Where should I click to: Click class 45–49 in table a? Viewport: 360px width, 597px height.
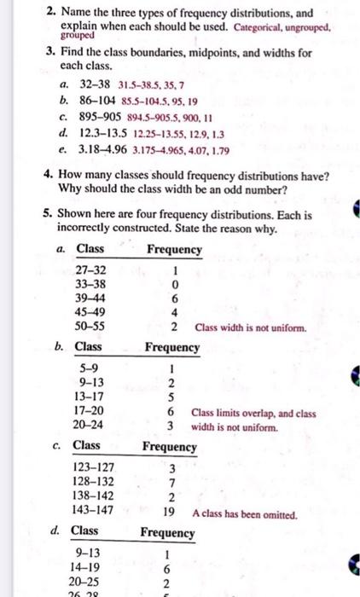click(x=90, y=311)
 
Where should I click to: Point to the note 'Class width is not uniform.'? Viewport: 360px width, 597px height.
click(x=250, y=327)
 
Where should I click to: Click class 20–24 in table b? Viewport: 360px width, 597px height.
click(x=90, y=424)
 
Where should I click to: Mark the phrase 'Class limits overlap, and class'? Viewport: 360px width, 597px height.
click(x=253, y=414)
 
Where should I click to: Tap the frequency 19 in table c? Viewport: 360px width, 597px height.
click(x=170, y=513)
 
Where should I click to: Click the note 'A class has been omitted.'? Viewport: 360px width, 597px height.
click(x=245, y=514)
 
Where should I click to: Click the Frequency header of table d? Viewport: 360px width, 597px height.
click(x=167, y=532)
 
